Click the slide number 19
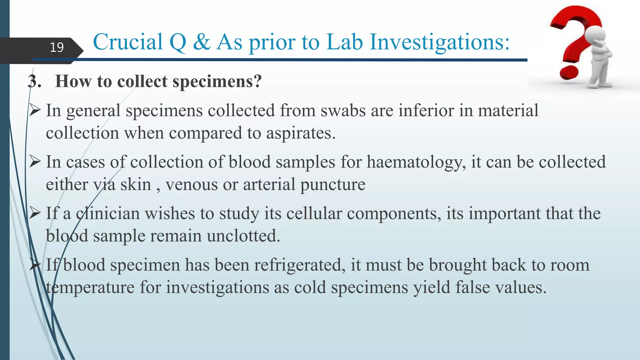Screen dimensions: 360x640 tap(57, 47)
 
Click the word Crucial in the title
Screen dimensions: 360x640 tap(128, 42)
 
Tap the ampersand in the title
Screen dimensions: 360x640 tap(202, 42)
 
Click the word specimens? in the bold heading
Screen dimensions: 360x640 tap(217, 82)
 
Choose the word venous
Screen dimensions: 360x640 tap(191, 184)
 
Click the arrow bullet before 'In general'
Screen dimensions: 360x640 tap(35, 110)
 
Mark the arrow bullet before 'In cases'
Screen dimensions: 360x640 tap(35, 162)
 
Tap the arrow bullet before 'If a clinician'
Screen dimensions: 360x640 tap(35, 213)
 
